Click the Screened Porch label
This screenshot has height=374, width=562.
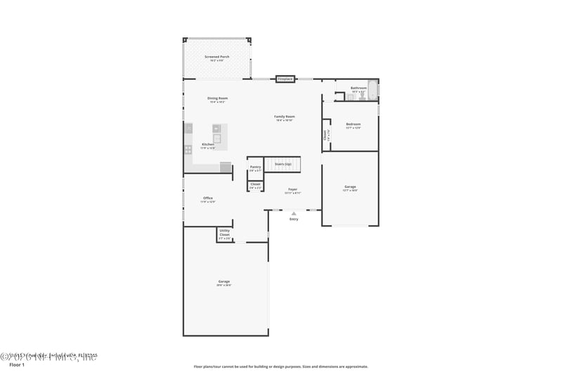pyautogui.click(x=216, y=57)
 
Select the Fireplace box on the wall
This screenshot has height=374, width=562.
pyautogui.click(x=285, y=79)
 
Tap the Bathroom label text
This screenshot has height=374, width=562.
pyautogui.click(x=358, y=88)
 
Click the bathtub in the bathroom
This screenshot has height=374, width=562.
pyautogui.click(x=373, y=91)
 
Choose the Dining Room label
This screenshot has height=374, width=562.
pyautogui.click(x=217, y=98)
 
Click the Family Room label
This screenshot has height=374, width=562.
pyautogui.click(x=284, y=116)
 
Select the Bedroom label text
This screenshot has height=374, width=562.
pyautogui.click(x=353, y=124)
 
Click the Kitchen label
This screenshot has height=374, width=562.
pyautogui.click(x=208, y=145)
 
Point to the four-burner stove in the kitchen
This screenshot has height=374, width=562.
pyautogui.click(x=188, y=149)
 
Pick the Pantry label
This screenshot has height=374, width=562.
pyautogui.click(x=255, y=167)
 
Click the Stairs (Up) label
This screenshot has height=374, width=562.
pyautogui.click(x=282, y=163)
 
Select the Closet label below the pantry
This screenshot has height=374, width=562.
pyautogui.click(x=255, y=185)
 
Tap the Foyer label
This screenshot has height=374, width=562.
pyautogui.click(x=293, y=189)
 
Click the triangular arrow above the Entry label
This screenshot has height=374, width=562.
pyautogui.click(x=294, y=213)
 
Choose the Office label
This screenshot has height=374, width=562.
pyautogui.click(x=208, y=199)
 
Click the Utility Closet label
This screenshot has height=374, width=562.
pyautogui.click(x=225, y=232)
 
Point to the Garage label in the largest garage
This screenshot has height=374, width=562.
pyautogui.click(x=223, y=281)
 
